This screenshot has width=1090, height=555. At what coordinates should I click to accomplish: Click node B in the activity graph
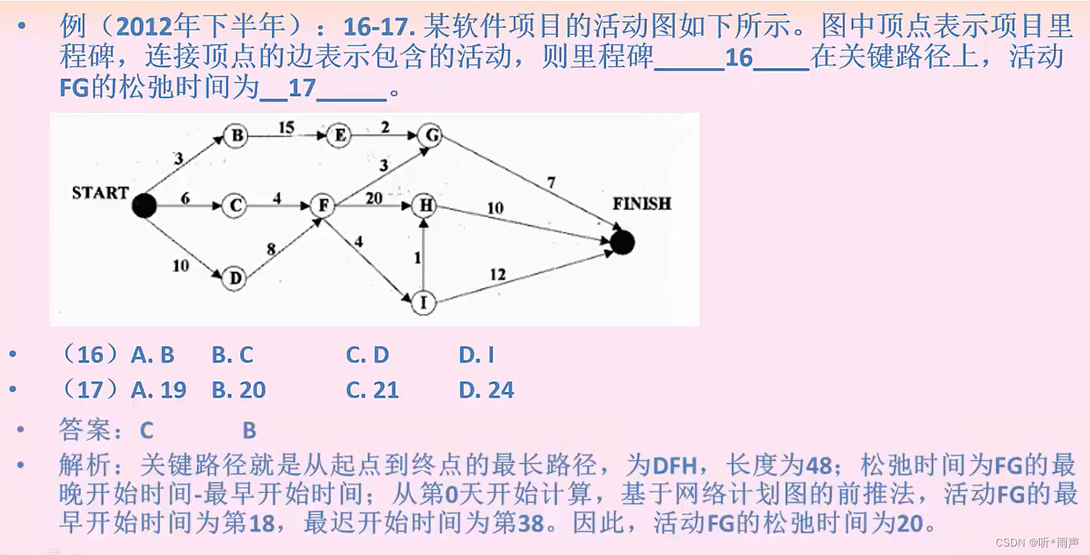pos(235,135)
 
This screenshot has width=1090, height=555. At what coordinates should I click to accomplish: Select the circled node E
pos(339,135)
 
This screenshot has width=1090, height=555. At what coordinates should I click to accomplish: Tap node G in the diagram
pos(429,135)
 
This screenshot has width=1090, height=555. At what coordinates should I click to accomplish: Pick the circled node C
pos(234,206)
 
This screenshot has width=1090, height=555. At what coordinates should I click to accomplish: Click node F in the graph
pos(322,206)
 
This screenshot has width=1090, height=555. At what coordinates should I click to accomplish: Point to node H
pos(424,206)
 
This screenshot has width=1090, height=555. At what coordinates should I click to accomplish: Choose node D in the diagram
pos(234,278)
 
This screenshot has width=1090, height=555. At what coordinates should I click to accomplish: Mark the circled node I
pos(424,303)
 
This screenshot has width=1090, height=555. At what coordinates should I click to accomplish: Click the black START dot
pos(144,206)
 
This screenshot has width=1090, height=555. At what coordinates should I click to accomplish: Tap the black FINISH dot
pos(622,242)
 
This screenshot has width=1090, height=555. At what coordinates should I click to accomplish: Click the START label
pos(100,193)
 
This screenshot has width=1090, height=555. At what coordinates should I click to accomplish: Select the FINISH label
pos(641,204)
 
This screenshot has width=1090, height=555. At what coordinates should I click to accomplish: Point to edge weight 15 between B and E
pos(286,128)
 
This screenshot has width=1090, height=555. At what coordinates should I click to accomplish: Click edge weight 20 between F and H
pos(374,198)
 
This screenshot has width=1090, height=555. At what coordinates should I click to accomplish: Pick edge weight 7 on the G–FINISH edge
pos(551,183)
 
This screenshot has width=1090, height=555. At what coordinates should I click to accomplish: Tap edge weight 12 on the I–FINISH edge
pos(498,274)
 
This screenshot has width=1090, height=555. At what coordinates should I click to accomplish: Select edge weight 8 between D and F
pos(271,249)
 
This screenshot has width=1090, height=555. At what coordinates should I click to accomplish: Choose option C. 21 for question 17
pos(373,390)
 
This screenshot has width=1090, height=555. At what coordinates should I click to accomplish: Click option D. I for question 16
pos(476,354)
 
